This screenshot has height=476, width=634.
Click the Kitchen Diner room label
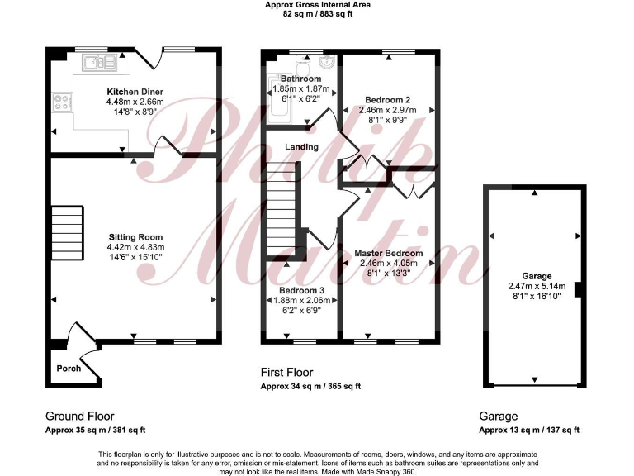point(135,91)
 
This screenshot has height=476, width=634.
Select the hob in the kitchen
point(62,103)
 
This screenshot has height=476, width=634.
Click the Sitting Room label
point(135,236)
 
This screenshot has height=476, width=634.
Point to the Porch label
point(69,368)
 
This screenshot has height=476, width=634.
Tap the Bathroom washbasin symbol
point(327,61)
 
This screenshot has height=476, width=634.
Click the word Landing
point(302,147)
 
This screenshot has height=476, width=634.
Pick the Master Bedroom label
point(388,253)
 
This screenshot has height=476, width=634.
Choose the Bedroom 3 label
point(300,291)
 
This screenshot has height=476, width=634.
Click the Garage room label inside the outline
point(536,276)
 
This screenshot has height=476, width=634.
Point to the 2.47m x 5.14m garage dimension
point(536,287)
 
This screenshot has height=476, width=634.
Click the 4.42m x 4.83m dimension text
point(135,247)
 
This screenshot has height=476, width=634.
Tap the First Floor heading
point(286,373)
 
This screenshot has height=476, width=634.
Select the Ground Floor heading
point(79,416)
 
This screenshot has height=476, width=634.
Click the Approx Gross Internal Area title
point(317,5)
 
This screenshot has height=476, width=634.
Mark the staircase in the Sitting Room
point(68,232)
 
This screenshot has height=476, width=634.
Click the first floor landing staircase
point(281,211)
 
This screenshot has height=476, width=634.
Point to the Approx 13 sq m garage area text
point(529,431)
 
